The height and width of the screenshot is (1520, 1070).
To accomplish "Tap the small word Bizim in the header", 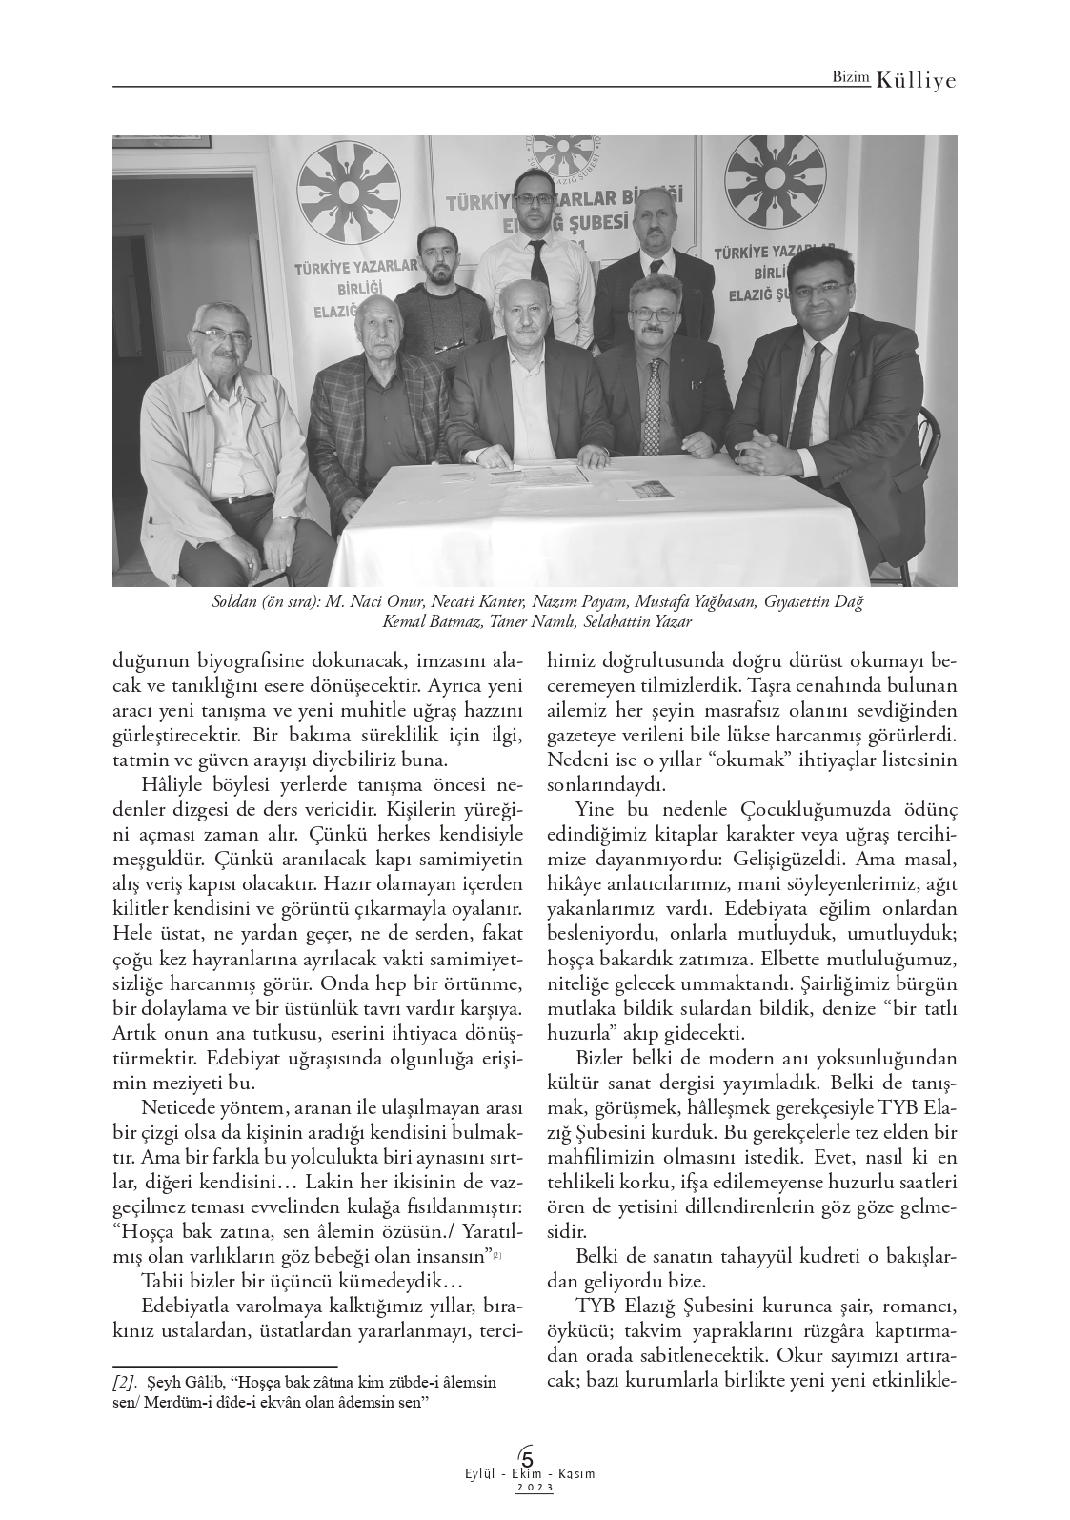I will (851, 80).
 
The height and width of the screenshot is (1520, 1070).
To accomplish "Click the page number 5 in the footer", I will (527, 1458).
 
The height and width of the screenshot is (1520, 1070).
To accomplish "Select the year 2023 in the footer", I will (535, 1488).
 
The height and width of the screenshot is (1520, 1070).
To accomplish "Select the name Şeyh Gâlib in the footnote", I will (190, 1382).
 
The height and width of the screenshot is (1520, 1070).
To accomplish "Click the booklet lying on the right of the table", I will (648, 490).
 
